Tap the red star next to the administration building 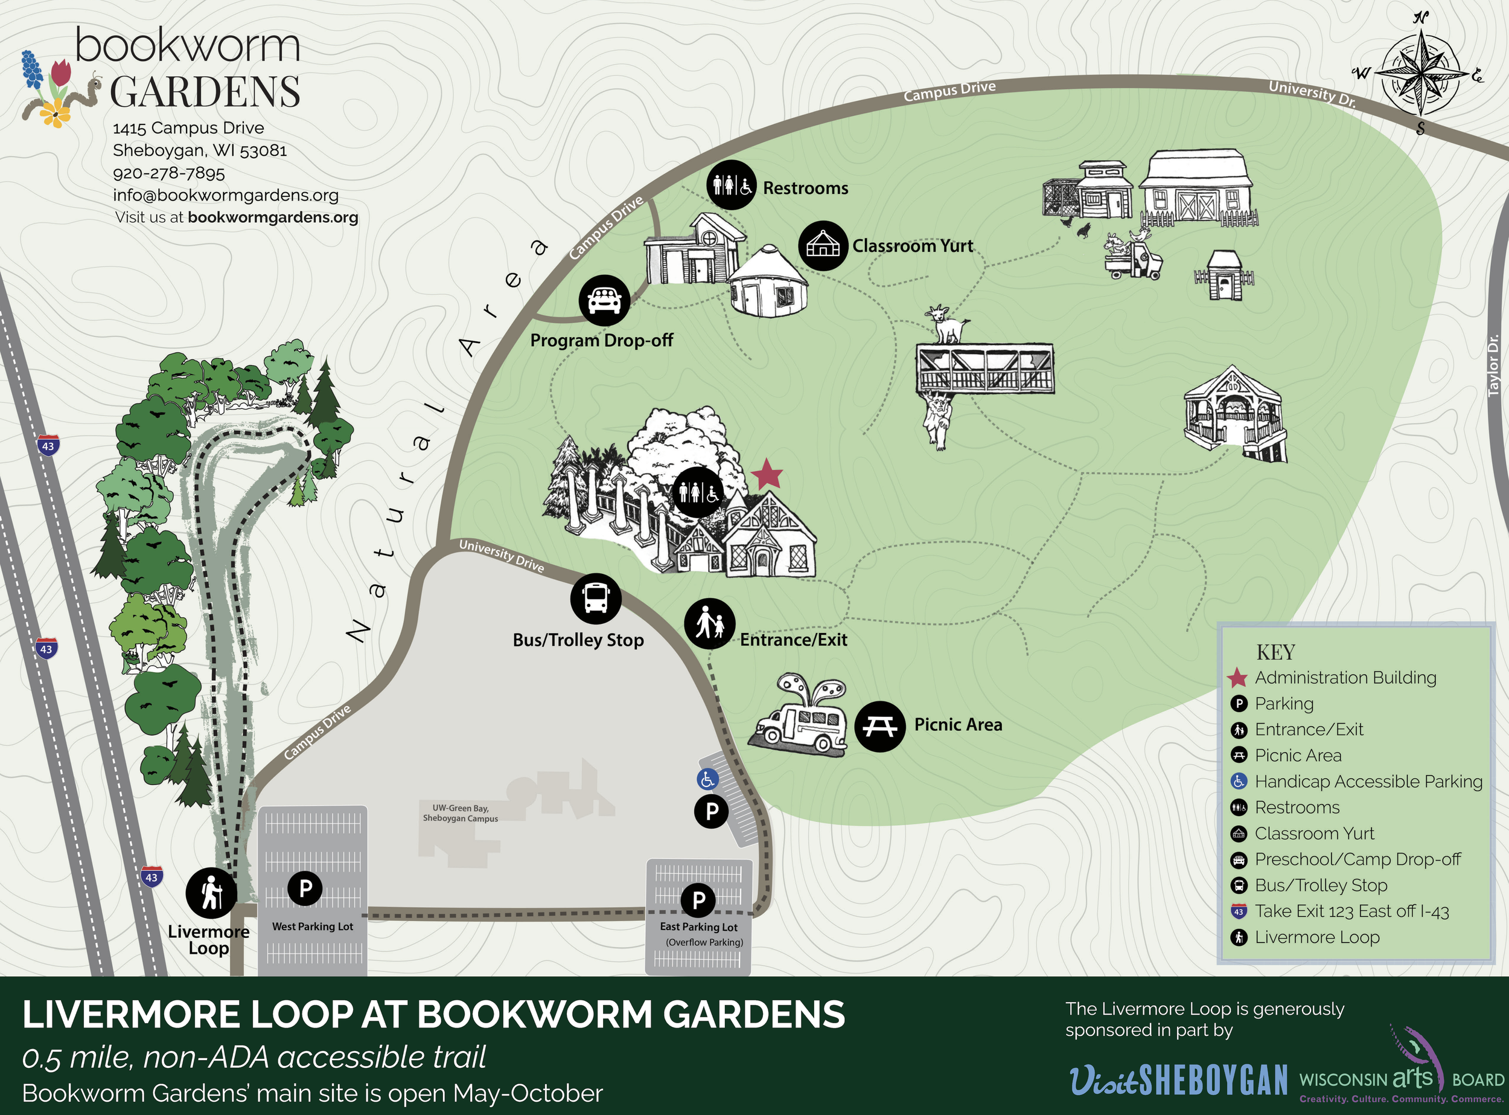point(767,475)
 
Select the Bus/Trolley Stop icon point(596,599)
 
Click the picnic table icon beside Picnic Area point(879,726)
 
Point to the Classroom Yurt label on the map point(913,246)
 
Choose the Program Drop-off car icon point(604,300)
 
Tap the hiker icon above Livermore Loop point(211,893)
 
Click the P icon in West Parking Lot point(305,888)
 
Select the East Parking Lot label point(699,927)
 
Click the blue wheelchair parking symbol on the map point(707,780)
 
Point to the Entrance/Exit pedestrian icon point(710,624)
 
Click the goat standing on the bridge point(947,324)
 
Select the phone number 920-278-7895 point(168,173)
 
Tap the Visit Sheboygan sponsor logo point(1178,1079)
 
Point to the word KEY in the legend point(1275,653)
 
